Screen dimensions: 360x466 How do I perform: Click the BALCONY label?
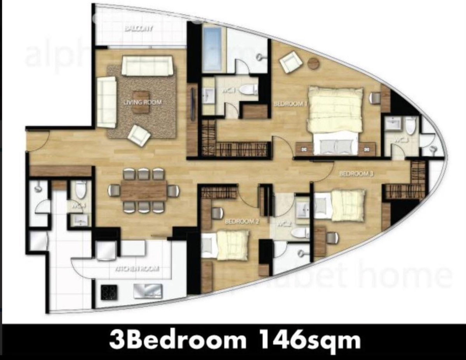pyautogui.click(x=139, y=29)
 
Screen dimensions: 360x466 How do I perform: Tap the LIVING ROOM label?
pyautogui.click(x=143, y=102)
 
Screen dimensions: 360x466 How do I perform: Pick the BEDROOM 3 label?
pyautogui.click(x=356, y=174)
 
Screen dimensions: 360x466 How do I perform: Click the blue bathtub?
pyautogui.click(x=212, y=49)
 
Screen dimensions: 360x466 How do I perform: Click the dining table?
pyautogui.click(x=143, y=190)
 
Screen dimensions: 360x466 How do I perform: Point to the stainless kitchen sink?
pyautogui.click(x=148, y=291)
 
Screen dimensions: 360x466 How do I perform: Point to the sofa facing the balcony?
pyautogui.click(x=147, y=65)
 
